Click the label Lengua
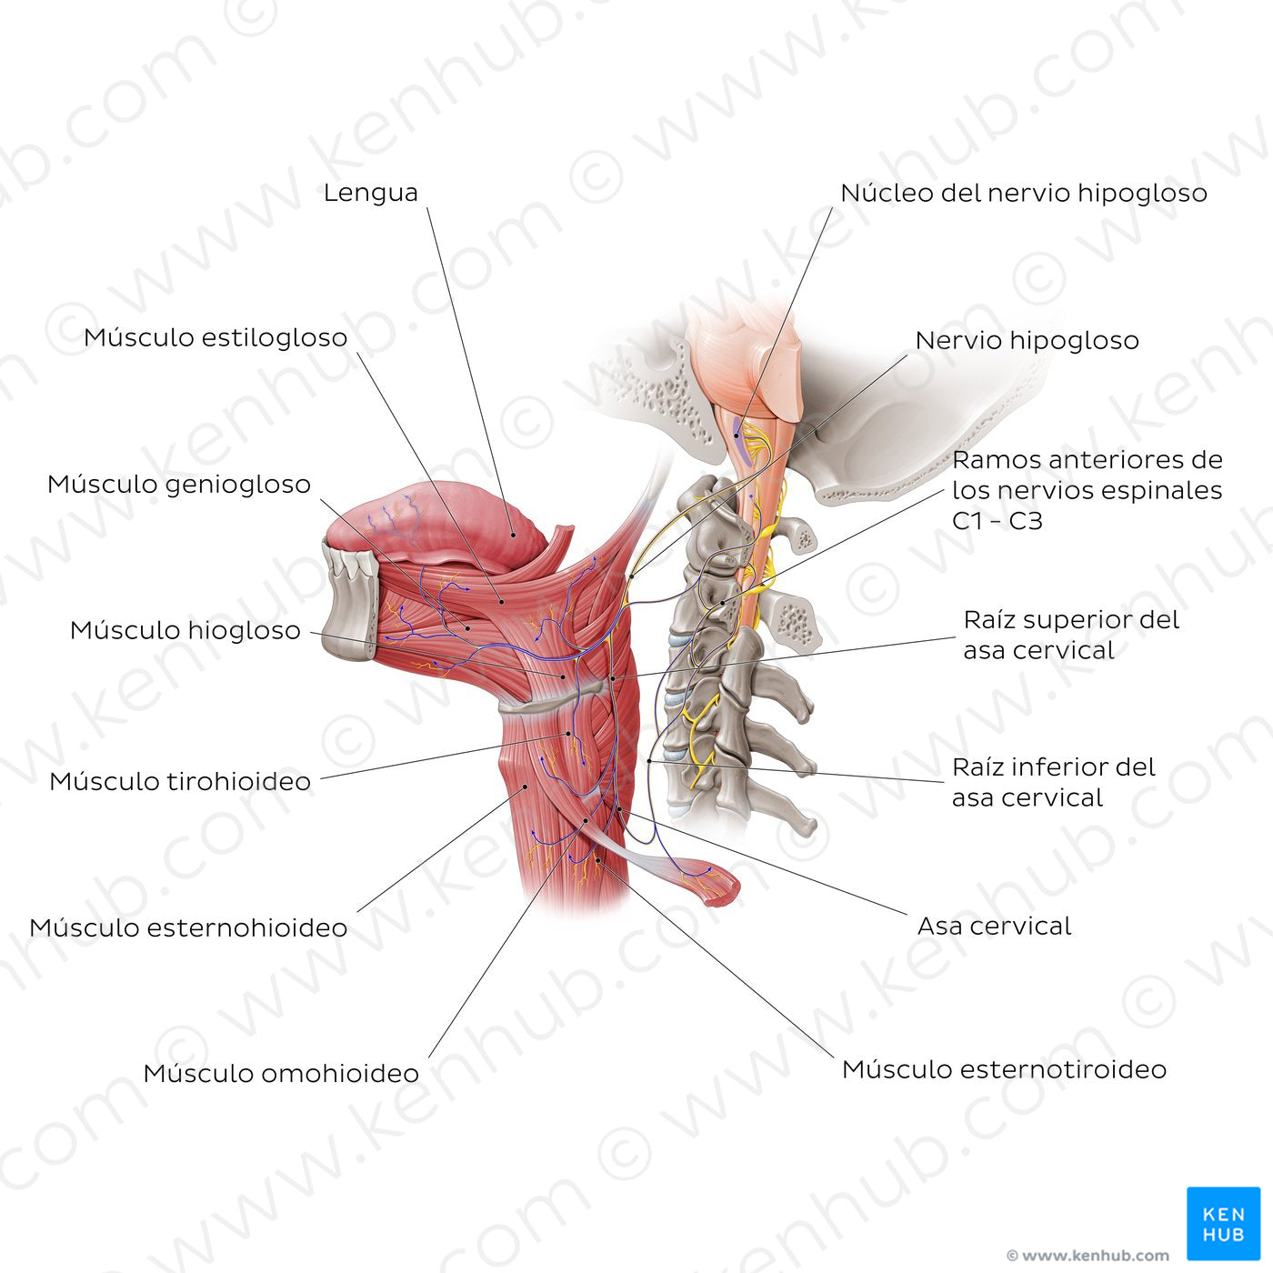(x=371, y=193)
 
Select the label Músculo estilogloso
(x=216, y=337)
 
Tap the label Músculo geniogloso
(x=179, y=485)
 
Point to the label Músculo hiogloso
(x=185, y=630)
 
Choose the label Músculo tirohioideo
(x=180, y=781)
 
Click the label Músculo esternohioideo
(x=189, y=927)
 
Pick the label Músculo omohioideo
(x=281, y=1074)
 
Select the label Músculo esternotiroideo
(x=1004, y=1069)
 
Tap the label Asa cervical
(x=994, y=927)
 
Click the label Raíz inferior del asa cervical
(x=1054, y=782)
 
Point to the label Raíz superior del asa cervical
(x=1071, y=635)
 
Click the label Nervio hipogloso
(x=1027, y=340)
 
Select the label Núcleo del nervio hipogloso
(x=1024, y=193)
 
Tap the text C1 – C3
(x=997, y=521)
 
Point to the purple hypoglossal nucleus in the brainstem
(x=738, y=438)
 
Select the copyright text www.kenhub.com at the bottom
(x=1088, y=1255)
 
